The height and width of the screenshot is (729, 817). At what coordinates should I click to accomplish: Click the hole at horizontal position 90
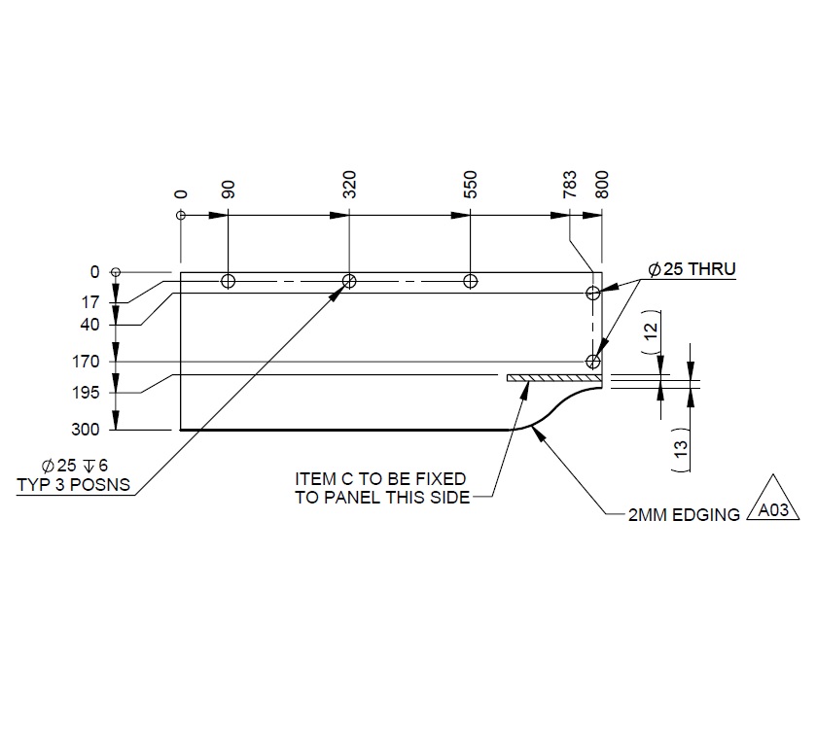point(228,282)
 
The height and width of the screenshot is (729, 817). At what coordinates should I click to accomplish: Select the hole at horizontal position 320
point(348,282)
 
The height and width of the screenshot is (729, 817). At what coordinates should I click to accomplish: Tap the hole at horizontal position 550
point(470,282)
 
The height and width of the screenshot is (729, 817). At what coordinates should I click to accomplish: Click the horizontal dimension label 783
point(570,185)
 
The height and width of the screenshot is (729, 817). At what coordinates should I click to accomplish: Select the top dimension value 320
point(349,185)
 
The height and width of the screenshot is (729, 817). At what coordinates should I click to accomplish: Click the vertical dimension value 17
point(91,302)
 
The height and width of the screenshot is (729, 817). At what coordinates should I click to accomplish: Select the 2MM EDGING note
point(685,515)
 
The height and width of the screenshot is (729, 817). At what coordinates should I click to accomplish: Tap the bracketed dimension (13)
point(680,448)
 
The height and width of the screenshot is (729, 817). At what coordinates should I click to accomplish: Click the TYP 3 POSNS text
point(73,484)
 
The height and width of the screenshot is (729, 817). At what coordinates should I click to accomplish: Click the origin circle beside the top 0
point(180,215)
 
